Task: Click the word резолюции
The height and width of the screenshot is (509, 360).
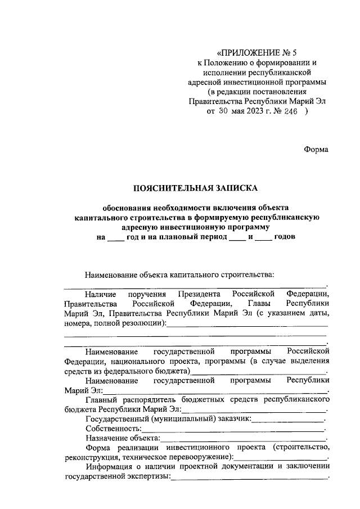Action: pyautogui.click(x=144, y=323)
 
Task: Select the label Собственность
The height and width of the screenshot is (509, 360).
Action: pyautogui.click(x=113, y=428)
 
